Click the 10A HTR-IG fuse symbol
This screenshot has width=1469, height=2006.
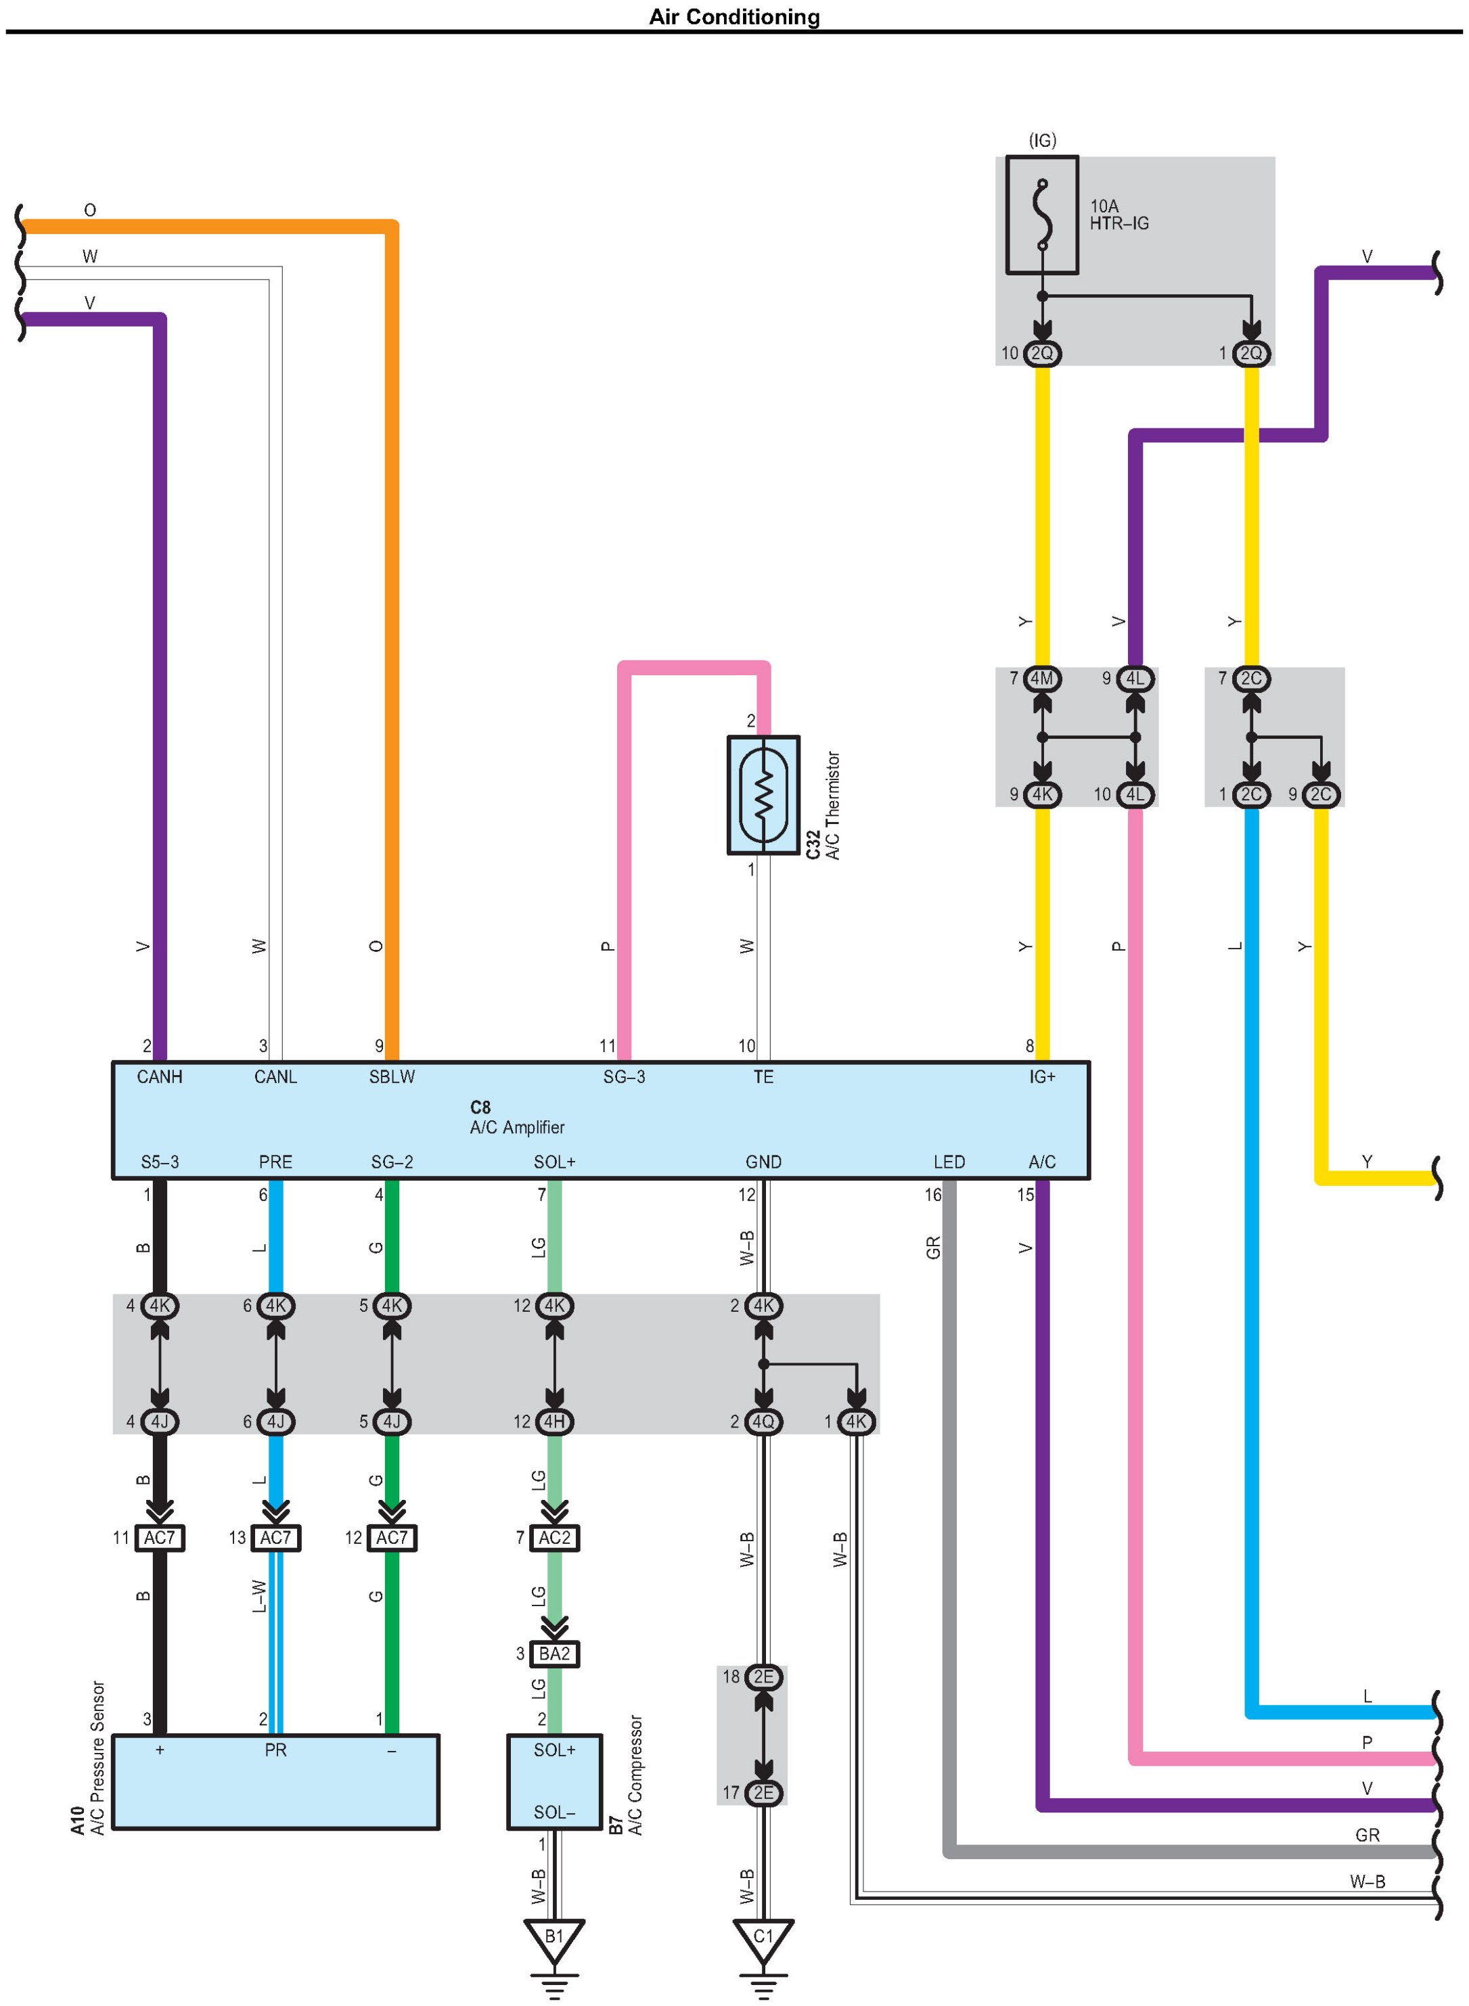(x=1041, y=214)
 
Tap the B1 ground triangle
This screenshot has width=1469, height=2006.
(x=554, y=1938)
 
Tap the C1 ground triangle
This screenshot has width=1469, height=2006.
(x=763, y=1938)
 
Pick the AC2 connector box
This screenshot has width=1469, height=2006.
(x=554, y=1537)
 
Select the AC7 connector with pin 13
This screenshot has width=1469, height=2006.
(x=275, y=1537)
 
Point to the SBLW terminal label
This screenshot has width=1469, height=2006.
(x=392, y=1077)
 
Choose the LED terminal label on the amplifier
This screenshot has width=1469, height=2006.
(x=949, y=1162)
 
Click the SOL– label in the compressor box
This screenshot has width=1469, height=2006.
(x=554, y=1812)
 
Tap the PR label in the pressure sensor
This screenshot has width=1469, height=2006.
(x=275, y=1750)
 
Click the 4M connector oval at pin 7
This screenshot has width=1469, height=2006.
(x=1041, y=679)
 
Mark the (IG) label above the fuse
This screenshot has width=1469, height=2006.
(x=1042, y=141)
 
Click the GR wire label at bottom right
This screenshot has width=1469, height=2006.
(x=1367, y=1834)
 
